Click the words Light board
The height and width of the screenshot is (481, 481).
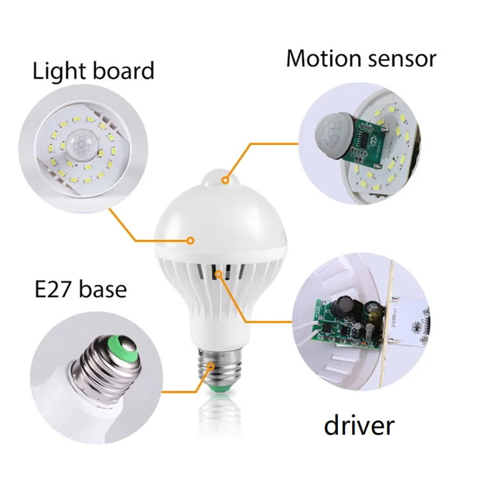[x=94, y=71]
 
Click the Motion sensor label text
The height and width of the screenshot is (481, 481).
[x=361, y=58]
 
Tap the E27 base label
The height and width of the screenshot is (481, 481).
[x=81, y=289]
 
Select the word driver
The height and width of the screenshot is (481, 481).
[x=359, y=425]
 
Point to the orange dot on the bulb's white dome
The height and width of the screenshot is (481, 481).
[x=190, y=241]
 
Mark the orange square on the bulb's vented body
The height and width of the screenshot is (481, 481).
[x=219, y=274]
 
